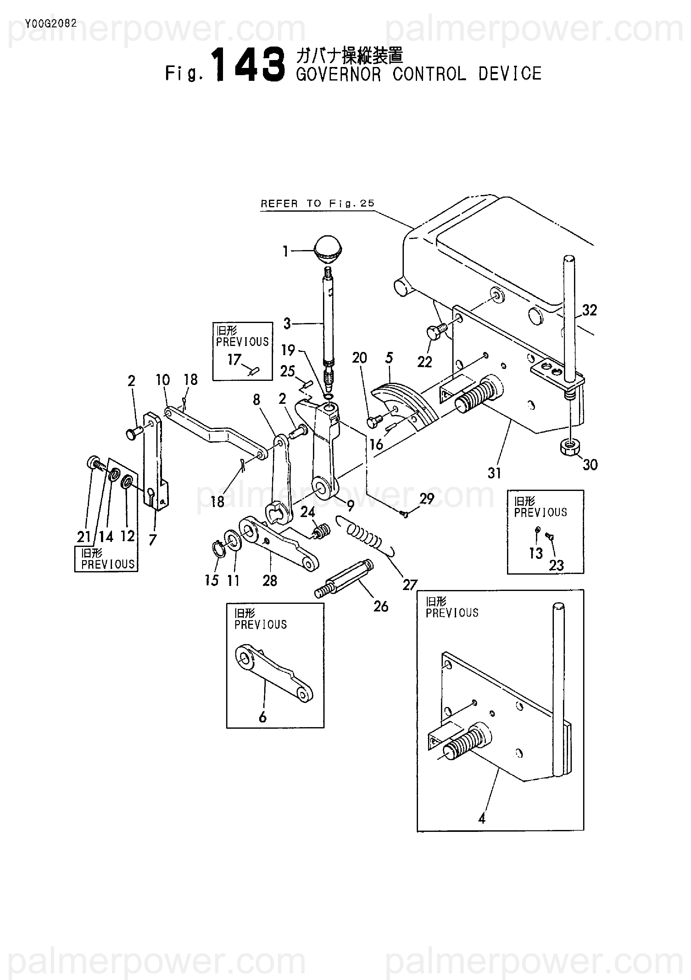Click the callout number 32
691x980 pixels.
point(589,310)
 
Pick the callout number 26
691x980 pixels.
point(381,606)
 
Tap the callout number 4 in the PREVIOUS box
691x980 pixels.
point(482,819)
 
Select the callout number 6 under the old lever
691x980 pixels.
point(263,717)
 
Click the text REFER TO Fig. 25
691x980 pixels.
point(318,203)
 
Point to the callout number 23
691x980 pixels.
point(556,565)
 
